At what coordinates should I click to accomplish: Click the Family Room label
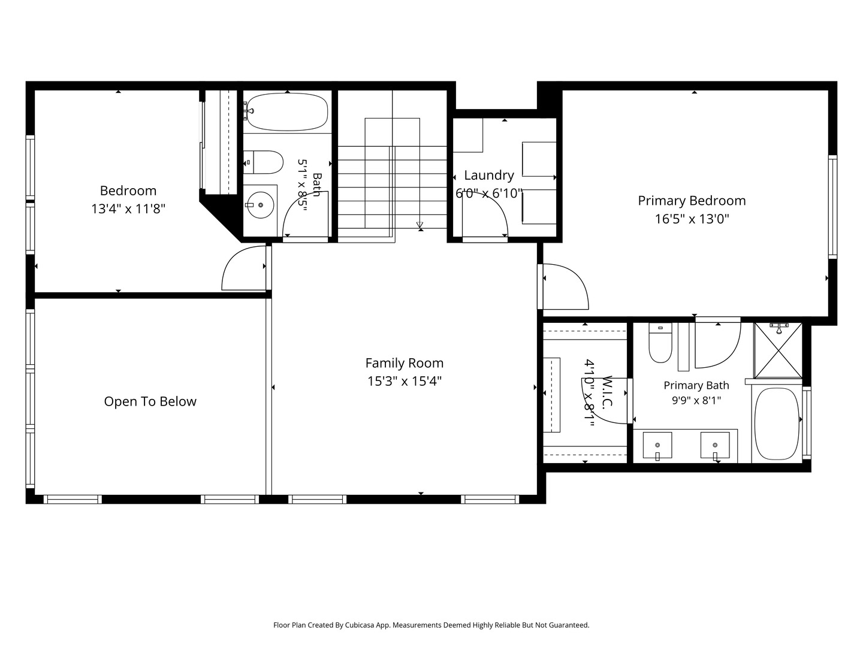point(404,363)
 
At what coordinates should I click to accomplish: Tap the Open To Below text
point(150,401)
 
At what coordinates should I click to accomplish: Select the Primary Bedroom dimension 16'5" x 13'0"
point(692,219)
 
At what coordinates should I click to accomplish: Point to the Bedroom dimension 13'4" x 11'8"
point(128,208)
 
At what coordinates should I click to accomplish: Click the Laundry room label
point(488,175)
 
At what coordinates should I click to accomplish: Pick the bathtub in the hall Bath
point(288,112)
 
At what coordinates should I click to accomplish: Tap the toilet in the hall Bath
point(263,162)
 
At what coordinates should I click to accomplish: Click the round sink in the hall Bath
point(260,205)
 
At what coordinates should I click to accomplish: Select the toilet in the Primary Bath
point(660,343)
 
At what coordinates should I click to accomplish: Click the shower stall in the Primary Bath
point(778,350)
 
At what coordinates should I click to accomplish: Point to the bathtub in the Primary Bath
point(777,424)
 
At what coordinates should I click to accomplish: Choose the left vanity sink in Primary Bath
point(657,445)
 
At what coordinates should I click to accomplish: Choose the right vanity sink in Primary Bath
point(715,445)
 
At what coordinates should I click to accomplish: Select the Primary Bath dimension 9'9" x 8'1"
point(696,401)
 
